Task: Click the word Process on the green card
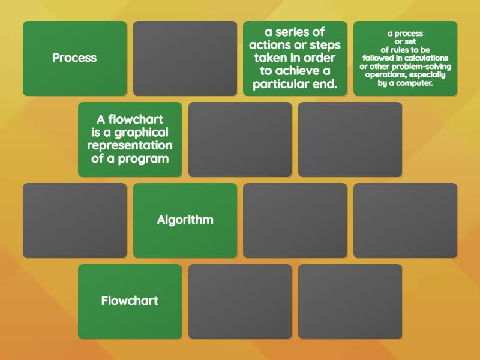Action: coord(74,58)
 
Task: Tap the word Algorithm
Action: coord(185,220)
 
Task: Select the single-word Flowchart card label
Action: coord(130,301)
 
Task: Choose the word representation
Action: coord(130,146)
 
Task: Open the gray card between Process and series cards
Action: coord(185,58)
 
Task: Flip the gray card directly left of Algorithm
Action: coord(74,220)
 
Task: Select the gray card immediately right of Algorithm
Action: coord(295,220)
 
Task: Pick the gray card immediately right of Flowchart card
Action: coord(240,301)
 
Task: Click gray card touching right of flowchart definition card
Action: coord(240,139)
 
